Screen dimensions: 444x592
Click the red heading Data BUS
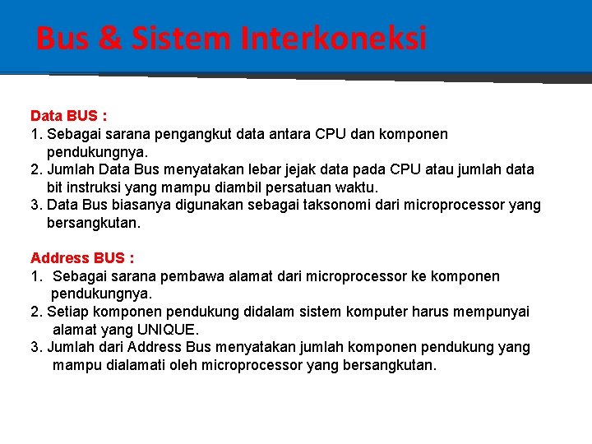coord(68,116)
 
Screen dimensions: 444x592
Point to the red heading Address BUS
coord(82,258)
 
